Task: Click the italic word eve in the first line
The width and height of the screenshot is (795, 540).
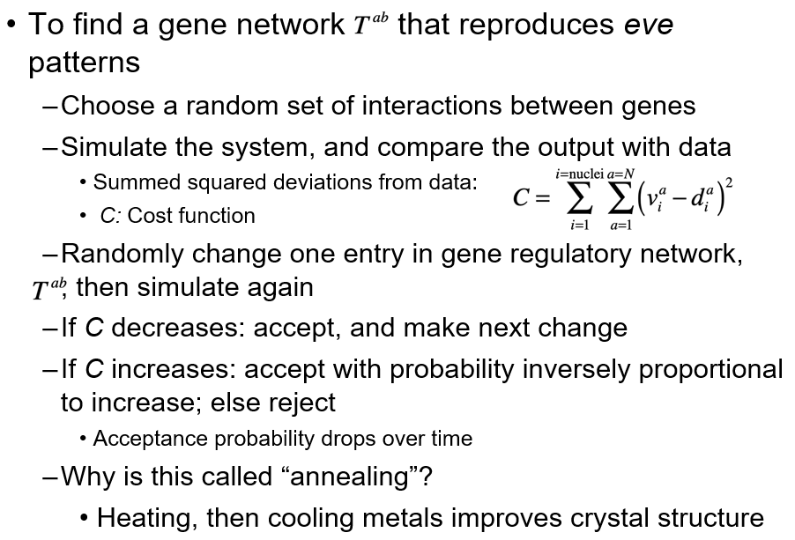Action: click(x=648, y=24)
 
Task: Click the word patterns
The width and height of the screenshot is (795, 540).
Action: click(x=84, y=63)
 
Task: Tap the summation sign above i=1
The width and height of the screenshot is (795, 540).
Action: click(x=578, y=200)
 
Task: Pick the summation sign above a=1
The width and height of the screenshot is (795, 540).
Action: click(x=621, y=200)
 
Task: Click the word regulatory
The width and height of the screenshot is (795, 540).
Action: click(x=579, y=255)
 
